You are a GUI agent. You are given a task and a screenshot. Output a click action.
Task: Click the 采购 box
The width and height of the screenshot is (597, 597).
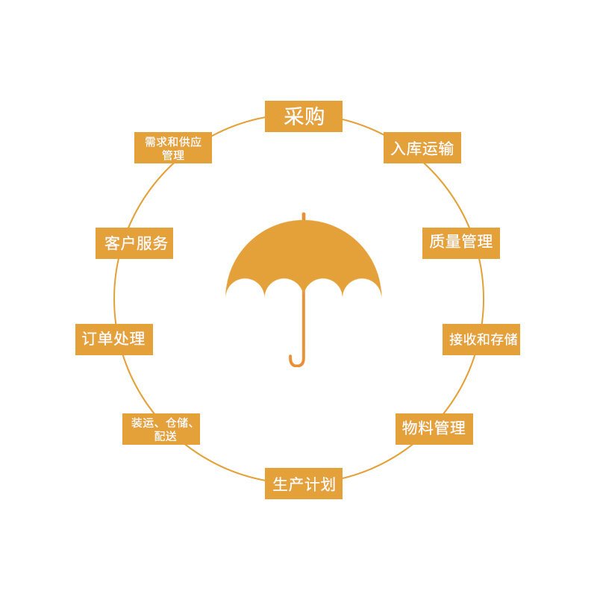point(304,116)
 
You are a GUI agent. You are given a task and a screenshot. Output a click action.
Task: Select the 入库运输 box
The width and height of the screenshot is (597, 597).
point(422,148)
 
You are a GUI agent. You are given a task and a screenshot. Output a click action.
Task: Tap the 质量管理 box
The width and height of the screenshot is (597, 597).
point(461,243)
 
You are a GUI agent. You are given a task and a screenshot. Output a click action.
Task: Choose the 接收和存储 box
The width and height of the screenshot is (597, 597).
point(481,340)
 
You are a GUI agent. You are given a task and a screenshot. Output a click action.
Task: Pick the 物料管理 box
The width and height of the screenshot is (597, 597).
point(434,428)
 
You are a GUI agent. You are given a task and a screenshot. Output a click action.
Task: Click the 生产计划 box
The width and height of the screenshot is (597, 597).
point(304,484)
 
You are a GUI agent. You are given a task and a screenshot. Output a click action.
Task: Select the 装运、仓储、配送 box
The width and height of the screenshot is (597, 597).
point(161,428)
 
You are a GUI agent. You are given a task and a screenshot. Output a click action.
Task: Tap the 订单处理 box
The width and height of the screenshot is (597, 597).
point(114,340)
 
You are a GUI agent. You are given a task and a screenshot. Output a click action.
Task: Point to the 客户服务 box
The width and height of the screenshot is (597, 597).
point(134,243)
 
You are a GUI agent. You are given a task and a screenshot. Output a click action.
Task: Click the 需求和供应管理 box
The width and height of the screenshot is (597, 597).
point(173,148)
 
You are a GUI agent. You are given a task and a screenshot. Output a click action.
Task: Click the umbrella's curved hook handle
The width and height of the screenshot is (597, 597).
point(296,361)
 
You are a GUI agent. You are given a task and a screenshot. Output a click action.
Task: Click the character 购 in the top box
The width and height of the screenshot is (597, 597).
point(314,116)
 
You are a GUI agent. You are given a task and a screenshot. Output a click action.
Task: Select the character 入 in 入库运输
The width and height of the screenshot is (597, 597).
point(398,148)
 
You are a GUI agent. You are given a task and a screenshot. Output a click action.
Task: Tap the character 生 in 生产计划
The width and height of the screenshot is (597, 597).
point(281,484)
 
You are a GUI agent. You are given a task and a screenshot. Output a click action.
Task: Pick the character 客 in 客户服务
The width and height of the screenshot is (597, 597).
point(113,243)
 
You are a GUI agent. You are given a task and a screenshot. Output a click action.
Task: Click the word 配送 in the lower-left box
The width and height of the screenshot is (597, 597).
point(166,436)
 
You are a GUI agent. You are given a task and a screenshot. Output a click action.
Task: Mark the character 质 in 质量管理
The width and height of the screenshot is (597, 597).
point(437,242)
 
